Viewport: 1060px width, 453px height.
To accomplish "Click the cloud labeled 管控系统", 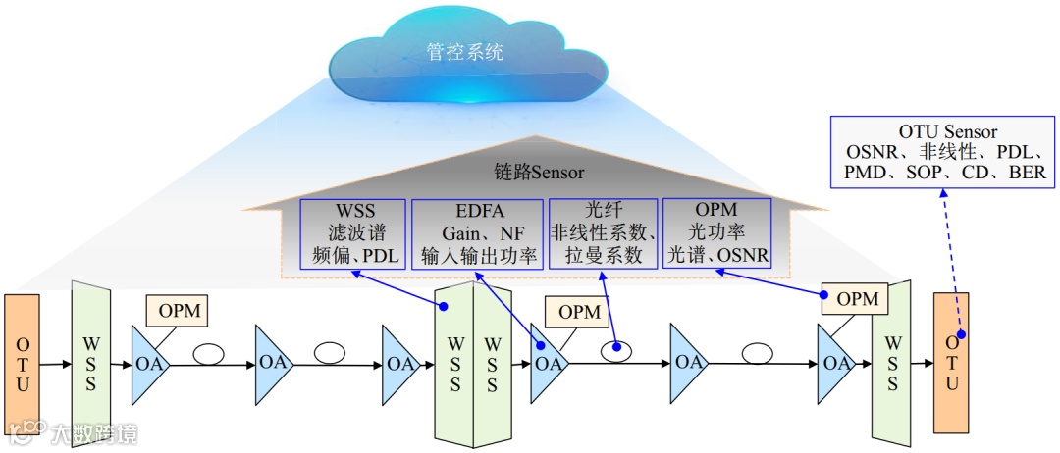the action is click(x=466, y=55).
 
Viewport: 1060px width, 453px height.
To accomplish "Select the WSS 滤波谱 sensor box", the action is click(x=353, y=234).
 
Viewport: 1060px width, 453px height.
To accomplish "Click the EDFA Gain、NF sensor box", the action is click(x=477, y=234).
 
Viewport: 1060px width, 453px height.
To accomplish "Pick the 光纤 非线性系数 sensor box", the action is click(x=603, y=234).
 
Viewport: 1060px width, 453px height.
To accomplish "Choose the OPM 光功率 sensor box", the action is click(x=716, y=234).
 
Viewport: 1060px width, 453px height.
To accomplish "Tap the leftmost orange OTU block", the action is click(x=23, y=365).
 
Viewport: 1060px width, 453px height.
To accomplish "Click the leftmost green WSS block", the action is click(x=90, y=365).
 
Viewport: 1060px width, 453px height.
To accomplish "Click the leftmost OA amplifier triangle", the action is click(x=150, y=363).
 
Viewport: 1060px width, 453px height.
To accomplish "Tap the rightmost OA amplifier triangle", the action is click(x=836, y=363).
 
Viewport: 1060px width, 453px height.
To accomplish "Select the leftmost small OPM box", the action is click(x=177, y=312).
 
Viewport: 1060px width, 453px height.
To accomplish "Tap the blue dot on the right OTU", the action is click(x=961, y=334).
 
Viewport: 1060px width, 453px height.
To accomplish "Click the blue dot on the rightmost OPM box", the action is click(x=824, y=295).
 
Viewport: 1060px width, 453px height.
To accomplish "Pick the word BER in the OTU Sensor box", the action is click(x=1027, y=173).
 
